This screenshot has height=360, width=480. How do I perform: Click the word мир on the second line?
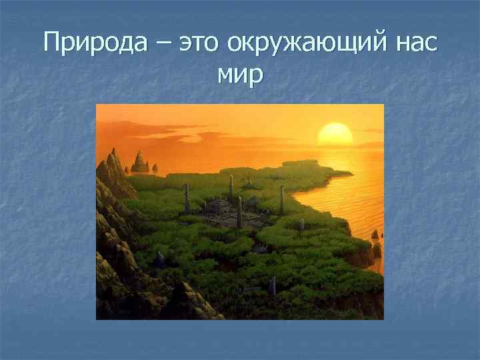(x=240, y=75)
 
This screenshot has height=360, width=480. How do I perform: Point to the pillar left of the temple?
(x=187, y=199)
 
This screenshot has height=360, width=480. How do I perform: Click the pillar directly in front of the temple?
(x=239, y=213)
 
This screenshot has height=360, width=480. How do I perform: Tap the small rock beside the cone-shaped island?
(x=155, y=168)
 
